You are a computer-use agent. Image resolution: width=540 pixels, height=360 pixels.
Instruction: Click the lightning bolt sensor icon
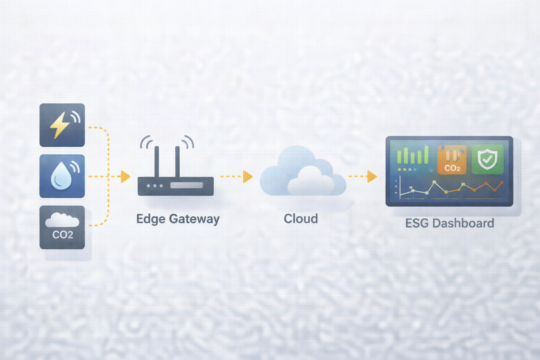[62, 125]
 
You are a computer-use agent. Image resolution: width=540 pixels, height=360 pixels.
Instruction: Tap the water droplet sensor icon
[62, 176]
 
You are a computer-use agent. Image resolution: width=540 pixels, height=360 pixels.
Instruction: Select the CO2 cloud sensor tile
[62, 227]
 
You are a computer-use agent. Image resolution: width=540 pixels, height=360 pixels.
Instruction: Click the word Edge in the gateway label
[151, 219]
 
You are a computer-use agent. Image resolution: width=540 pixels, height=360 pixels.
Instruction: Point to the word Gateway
[194, 219]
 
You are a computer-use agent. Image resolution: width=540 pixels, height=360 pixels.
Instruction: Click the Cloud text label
[301, 219]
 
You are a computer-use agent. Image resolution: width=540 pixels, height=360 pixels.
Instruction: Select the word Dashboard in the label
[463, 223]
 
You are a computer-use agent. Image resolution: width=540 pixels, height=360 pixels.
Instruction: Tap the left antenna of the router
[157, 162]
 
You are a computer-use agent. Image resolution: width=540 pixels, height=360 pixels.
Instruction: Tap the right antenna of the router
[178, 162]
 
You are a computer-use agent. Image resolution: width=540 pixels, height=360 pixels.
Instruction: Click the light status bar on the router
[187, 185]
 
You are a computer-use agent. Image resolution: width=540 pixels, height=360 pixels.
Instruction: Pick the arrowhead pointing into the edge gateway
[126, 176]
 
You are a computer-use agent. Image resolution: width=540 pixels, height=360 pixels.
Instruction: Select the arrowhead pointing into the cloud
[248, 176]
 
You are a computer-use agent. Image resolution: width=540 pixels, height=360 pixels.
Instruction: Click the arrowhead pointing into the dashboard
[372, 176]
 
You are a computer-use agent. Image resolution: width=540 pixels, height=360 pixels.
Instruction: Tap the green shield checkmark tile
[487, 159]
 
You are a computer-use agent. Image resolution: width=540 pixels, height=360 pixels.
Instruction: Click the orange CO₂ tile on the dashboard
[452, 159]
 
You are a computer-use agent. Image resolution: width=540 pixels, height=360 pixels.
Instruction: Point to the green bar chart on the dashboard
[413, 155]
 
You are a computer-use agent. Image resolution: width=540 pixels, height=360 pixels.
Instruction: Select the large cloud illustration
[303, 171]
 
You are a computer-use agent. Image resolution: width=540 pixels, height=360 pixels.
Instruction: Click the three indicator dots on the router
[155, 186]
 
